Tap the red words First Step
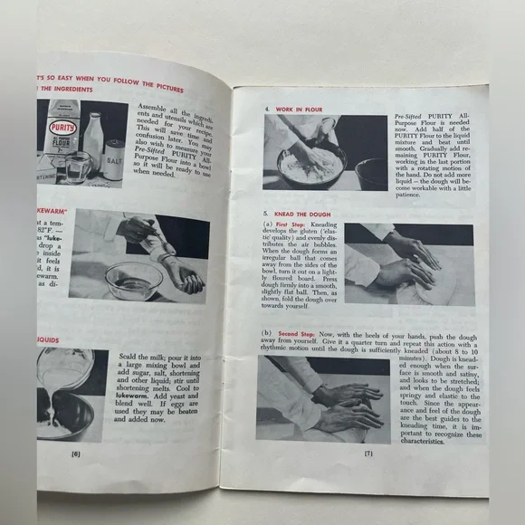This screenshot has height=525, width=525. (298, 224)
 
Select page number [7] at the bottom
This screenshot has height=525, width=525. (368, 453)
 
